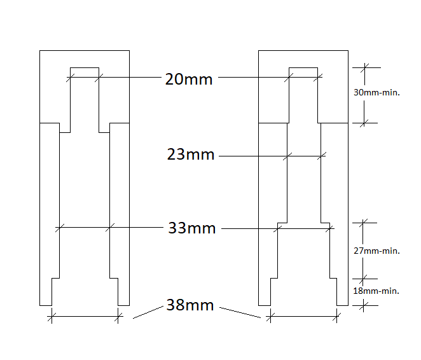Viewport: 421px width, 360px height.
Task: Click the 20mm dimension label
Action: (188, 80)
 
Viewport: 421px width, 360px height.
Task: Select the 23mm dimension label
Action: (191, 155)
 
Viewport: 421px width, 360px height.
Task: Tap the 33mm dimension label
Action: (192, 228)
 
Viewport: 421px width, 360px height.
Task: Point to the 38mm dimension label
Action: (190, 305)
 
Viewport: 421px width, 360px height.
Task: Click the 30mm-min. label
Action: (376, 92)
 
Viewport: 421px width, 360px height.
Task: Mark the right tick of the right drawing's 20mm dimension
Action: (318, 78)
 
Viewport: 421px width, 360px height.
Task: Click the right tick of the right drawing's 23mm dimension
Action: (322, 156)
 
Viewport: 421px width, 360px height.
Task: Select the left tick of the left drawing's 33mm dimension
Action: (59, 227)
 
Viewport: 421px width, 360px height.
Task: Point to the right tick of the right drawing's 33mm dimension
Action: (329, 226)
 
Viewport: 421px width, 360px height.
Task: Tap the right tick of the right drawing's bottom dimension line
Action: (337, 317)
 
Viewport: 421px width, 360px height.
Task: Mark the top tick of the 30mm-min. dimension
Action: (364, 67)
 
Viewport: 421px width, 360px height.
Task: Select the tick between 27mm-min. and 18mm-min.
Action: (364, 278)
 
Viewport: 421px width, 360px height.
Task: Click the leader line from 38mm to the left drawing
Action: (148, 311)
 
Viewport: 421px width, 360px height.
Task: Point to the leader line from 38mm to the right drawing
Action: (239, 312)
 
